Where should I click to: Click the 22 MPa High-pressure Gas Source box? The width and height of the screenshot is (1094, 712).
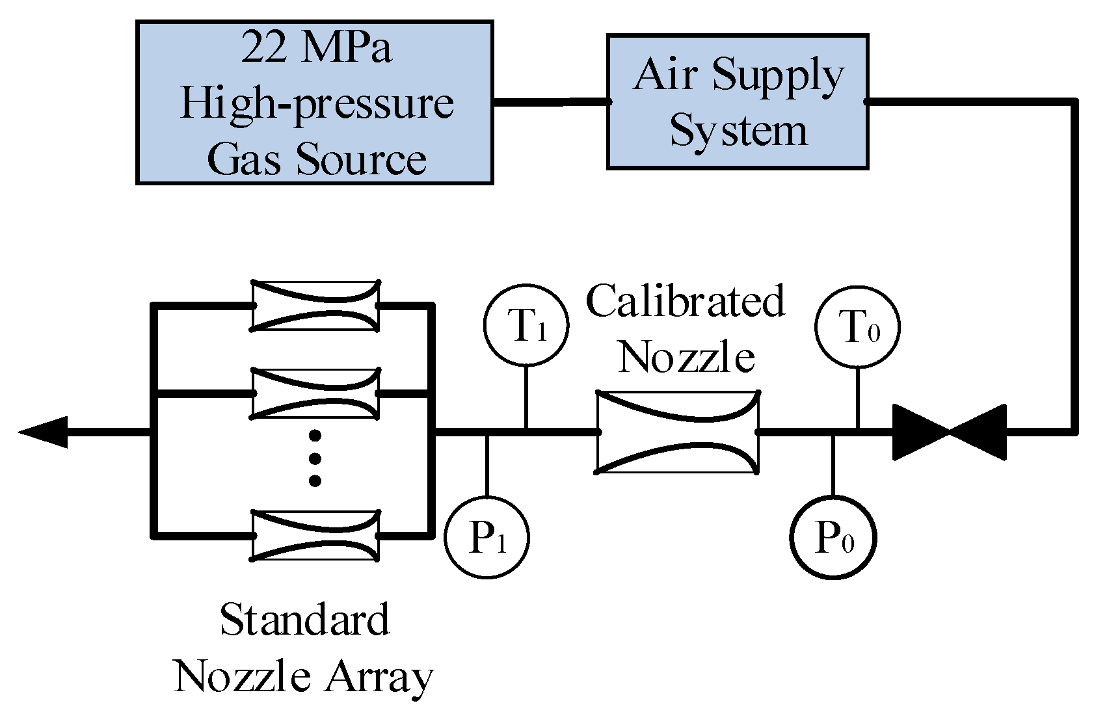pos(315,103)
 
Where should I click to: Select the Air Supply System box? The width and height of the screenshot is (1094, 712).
pos(738,101)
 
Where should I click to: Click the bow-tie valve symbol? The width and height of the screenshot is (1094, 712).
pos(950,432)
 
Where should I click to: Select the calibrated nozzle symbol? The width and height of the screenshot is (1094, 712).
pos(677,432)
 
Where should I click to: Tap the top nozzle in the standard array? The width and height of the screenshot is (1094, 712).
pos(315,306)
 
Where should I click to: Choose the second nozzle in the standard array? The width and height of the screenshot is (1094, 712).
pos(315,393)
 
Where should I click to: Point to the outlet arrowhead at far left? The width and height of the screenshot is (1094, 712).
pos(43,432)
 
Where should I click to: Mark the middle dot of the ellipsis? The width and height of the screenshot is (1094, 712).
pos(315,458)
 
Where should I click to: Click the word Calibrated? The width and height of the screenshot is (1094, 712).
pos(686,301)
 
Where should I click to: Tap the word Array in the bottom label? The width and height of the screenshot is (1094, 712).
pos(379,679)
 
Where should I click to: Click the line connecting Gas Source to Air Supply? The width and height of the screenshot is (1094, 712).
pos(551,102)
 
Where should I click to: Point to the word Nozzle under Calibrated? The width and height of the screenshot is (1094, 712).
pos(687,356)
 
